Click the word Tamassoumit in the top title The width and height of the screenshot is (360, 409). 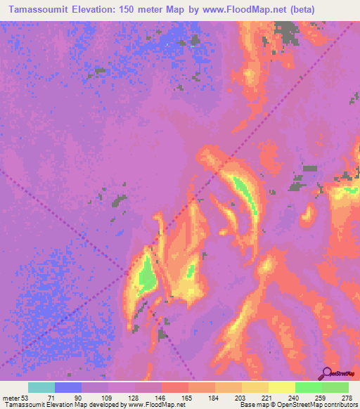pyautogui.click(x=34, y=9)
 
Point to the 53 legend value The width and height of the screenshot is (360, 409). pyautogui.click(x=25, y=397)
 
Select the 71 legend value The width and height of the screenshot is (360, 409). pyautogui.click(x=58, y=397)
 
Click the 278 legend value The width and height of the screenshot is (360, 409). pyautogui.click(x=346, y=397)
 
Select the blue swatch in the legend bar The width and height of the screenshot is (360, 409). pyautogui.click(x=68, y=387)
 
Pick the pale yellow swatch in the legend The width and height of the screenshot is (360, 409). pyautogui.click(x=282, y=387)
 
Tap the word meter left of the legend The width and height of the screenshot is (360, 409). pyautogui.click(x=11, y=397)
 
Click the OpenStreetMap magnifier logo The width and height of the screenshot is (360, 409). pyautogui.click(x=327, y=372)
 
